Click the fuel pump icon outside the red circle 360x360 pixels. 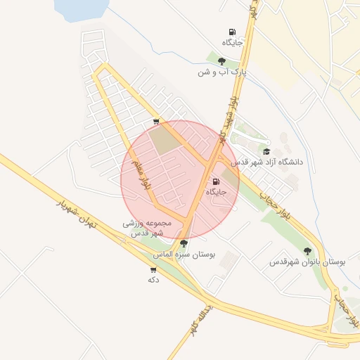[232, 32]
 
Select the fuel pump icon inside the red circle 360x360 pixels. [215, 181]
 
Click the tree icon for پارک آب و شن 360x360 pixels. [222, 61]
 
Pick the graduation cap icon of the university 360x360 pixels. [266, 151]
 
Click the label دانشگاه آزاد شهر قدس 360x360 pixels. [271, 162]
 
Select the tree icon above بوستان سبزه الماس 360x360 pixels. [184, 243]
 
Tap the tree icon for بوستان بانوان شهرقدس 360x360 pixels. [307, 250]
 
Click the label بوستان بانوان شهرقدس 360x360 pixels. [307, 262]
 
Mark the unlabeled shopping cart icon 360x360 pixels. [155, 122]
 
